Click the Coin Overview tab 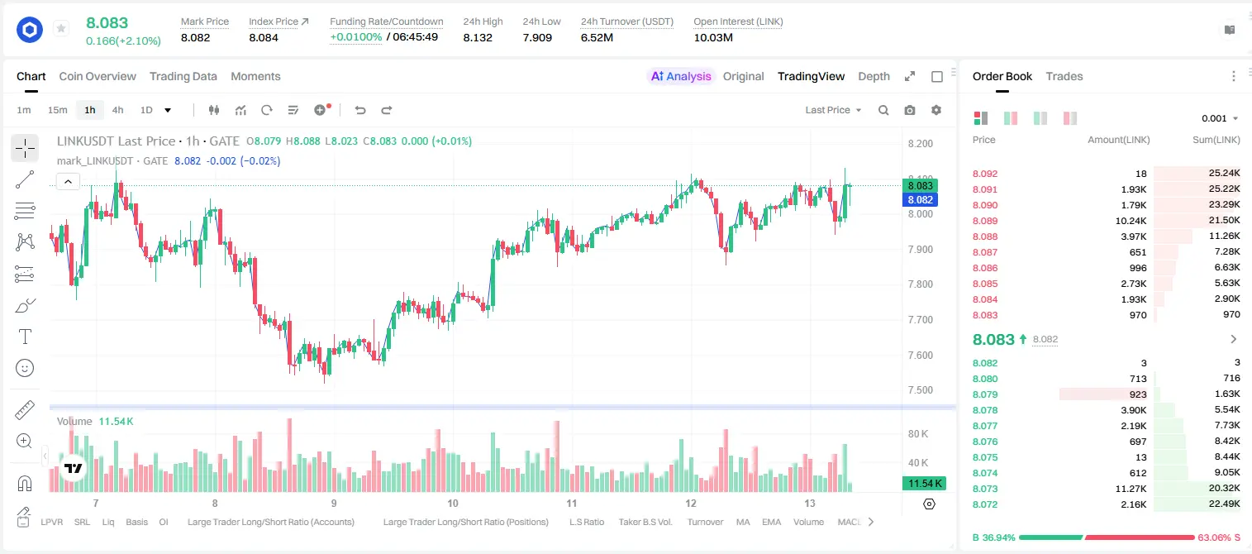pyautogui.click(x=98, y=76)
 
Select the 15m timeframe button pyautogui.click(x=58, y=110)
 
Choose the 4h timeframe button pyautogui.click(x=117, y=110)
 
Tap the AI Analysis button pyautogui.click(x=681, y=76)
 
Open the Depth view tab pyautogui.click(x=874, y=76)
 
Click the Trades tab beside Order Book pyautogui.click(x=1064, y=76)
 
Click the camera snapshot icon pyautogui.click(x=910, y=110)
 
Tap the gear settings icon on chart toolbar pyautogui.click(x=936, y=110)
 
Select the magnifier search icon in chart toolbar pyautogui.click(x=883, y=110)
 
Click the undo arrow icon pyautogui.click(x=360, y=110)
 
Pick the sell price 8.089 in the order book pyautogui.click(x=985, y=221)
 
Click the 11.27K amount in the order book pyautogui.click(x=1131, y=489)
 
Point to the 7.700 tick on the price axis pyautogui.click(x=920, y=320)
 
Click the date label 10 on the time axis pyautogui.click(x=453, y=503)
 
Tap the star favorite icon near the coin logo pyautogui.click(x=61, y=28)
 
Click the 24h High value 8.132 pyautogui.click(x=478, y=37)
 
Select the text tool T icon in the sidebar pyautogui.click(x=25, y=337)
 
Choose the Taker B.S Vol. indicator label pyautogui.click(x=645, y=522)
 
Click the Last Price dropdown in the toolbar pyautogui.click(x=833, y=110)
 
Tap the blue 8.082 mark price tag pyautogui.click(x=920, y=199)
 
